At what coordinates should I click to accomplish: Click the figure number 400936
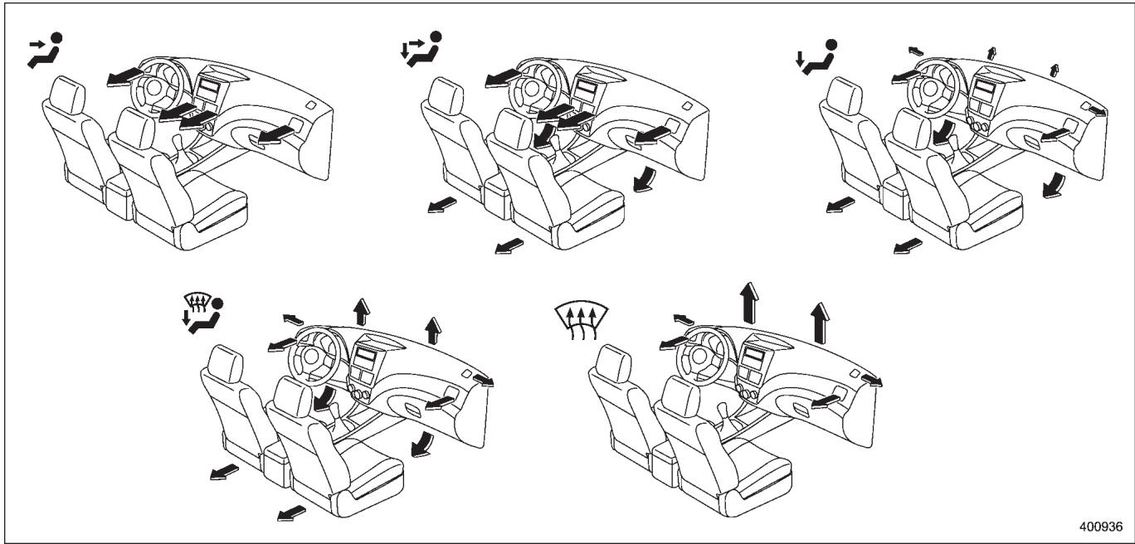click(1100, 527)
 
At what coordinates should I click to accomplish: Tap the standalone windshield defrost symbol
click(581, 321)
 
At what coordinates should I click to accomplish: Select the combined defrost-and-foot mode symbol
click(202, 313)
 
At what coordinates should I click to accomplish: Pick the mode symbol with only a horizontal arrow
click(45, 51)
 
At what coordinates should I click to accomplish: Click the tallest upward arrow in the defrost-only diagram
click(749, 303)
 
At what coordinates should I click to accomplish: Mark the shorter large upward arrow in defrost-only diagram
click(820, 323)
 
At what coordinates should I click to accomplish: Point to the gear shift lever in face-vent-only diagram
click(179, 148)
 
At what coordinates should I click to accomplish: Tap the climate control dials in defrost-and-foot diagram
click(358, 392)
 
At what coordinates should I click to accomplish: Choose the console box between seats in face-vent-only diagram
click(118, 195)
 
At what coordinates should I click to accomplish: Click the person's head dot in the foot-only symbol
click(831, 45)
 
